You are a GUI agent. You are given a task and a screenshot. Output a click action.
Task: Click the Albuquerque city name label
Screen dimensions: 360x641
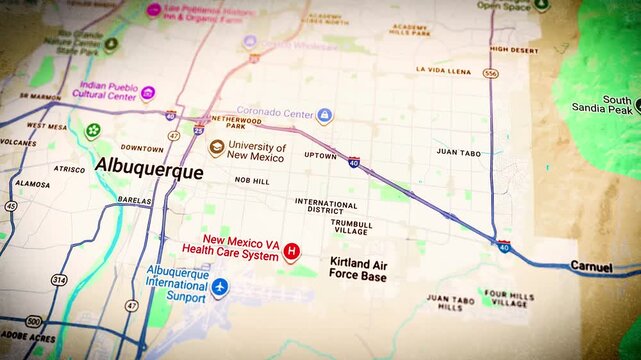pyautogui.click(x=148, y=172)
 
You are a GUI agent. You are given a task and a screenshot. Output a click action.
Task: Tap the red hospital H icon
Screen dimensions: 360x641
pyautogui.click(x=292, y=251)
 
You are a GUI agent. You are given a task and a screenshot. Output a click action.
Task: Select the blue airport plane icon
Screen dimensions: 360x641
pyautogui.click(x=219, y=288)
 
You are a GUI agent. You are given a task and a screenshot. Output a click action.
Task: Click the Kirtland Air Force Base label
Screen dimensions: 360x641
pyautogui.click(x=358, y=268)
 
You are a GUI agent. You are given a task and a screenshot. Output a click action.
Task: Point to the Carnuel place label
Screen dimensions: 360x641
pyautogui.click(x=591, y=267)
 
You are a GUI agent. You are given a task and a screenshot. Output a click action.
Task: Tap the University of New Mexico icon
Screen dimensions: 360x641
pyautogui.click(x=216, y=147)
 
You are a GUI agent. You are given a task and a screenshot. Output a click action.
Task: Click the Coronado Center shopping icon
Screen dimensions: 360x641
pyautogui.click(x=324, y=115)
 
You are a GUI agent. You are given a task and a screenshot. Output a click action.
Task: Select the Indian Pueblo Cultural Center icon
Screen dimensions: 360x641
pyautogui.click(x=148, y=94)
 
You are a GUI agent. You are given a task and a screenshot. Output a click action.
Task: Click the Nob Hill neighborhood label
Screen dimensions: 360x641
pyautogui.click(x=252, y=180)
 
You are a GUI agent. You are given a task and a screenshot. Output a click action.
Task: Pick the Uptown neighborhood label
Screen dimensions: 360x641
pyautogui.click(x=320, y=156)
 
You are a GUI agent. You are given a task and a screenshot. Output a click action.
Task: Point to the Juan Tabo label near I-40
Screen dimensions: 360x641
pyautogui.click(x=459, y=152)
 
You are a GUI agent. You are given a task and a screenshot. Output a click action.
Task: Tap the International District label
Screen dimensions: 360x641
pyautogui.click(x=326, y=206)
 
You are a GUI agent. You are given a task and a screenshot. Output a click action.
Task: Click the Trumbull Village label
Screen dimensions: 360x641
pyautogui.click(x=352, y=227)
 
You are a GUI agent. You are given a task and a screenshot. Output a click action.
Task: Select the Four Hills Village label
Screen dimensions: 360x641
pyautogui.click(x=506, y=298)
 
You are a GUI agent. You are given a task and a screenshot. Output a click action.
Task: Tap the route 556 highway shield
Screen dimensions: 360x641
pyautogui.click(x=490, y=74)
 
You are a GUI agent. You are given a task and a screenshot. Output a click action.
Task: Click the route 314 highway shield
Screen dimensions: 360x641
pyautogui.click(x=59, y=281)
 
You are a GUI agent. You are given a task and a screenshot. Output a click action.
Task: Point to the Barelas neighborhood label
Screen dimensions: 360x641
pyautogui.click(x=134, y=200)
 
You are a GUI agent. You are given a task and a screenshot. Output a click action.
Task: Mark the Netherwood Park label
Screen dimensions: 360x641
pyautogui.click(x=222, y=122)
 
